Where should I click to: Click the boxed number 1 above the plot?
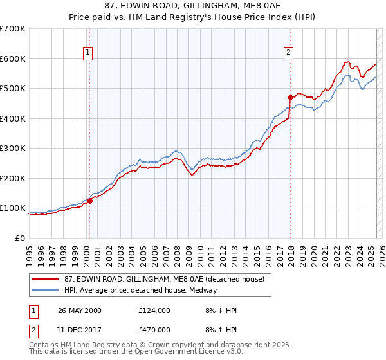click(x=87, y=53)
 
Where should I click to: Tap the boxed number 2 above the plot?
click(x=289, y=53)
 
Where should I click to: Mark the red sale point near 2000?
click(x=90, y=201)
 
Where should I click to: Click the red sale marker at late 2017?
click(x=290, y=98)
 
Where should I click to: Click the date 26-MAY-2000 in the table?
click(x=80, y=310)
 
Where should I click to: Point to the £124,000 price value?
click(x=154, y=310)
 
